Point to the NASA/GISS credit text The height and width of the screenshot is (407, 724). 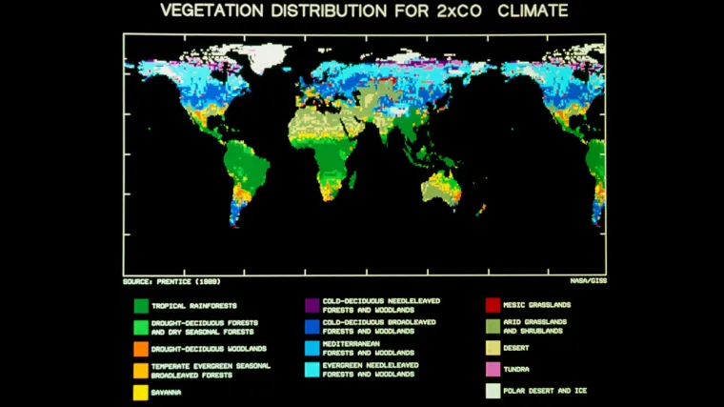[x=588, y=282]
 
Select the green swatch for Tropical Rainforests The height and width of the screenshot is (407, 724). [x=140, y=305]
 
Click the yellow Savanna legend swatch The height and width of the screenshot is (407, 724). [x=140, y=392]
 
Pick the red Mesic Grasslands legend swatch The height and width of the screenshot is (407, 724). [x=493, y=305]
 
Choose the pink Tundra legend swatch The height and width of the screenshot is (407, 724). [x=493, y=369]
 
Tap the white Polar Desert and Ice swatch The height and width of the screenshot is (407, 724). [x=493, y=391]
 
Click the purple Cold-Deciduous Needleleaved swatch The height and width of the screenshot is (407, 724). [x=312, y=305]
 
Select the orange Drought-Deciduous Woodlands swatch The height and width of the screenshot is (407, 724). [x=140, y=349]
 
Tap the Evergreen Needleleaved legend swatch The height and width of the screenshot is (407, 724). [x=312, y=369]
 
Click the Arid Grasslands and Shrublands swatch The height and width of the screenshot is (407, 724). [x=493, y=326]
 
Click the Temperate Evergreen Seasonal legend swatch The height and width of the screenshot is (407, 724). [x=140, y=370]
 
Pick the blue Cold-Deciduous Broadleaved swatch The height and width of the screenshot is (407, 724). [x=312, y=326]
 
